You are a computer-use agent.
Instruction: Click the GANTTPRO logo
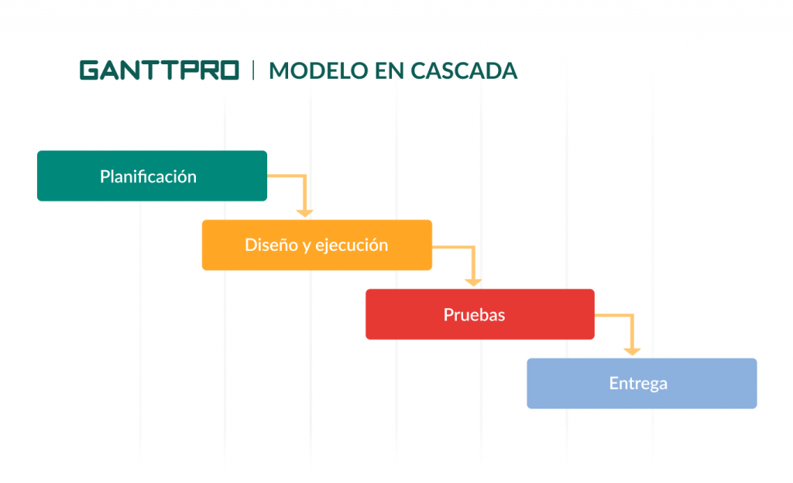pos(159,70)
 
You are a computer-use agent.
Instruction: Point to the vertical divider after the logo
pos(254,70)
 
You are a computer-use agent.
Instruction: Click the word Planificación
pos(148,176)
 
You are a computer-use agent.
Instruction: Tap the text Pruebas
pos(474,315)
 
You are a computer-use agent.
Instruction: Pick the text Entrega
pos(637,383)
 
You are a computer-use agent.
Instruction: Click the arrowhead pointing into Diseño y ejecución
pos(305,211)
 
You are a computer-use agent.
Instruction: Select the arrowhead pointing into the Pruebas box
pos(473,281)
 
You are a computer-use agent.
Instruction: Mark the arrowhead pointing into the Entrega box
pos(632,350)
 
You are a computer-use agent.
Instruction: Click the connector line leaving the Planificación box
pos(287,176)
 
